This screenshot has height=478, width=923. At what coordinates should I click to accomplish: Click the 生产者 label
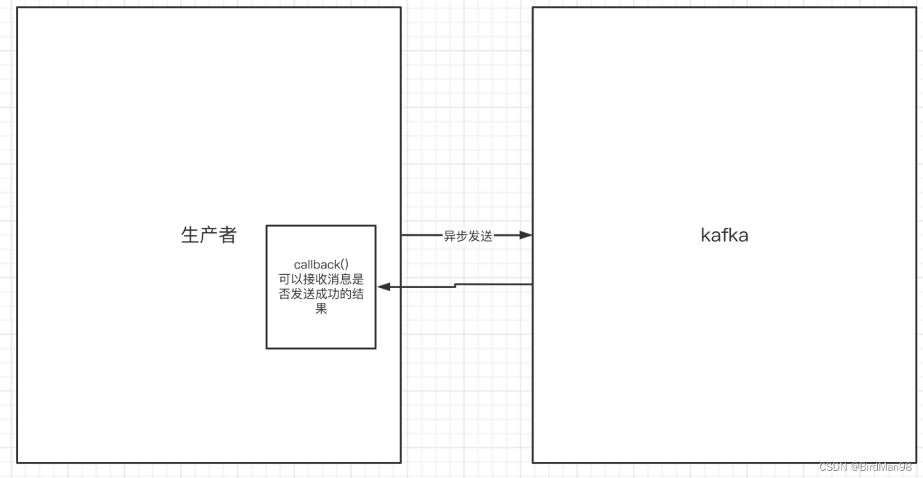click(208, 235)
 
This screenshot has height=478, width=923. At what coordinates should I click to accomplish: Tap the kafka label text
click(724, 235)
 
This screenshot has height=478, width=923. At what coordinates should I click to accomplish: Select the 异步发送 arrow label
click(468, 236)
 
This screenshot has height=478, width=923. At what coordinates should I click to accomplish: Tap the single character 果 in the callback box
click(321, 309)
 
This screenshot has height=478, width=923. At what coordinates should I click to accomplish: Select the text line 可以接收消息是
click(321, 279)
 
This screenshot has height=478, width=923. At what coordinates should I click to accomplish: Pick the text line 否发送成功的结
click(321, 294)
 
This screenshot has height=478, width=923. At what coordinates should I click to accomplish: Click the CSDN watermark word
click(833, 467)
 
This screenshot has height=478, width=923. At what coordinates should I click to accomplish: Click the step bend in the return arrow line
click(456, 285)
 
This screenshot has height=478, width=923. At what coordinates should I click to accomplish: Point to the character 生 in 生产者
click(189, 235)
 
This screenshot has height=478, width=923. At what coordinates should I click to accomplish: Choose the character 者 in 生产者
click(227, 235)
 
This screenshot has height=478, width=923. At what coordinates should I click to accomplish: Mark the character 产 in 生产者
click(208, 235)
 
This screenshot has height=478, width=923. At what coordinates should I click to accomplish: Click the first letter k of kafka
click(705, 235)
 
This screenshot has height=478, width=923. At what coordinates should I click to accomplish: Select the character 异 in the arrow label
click(450, 236)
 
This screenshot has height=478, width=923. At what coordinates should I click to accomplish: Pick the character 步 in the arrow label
click(462, 236)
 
